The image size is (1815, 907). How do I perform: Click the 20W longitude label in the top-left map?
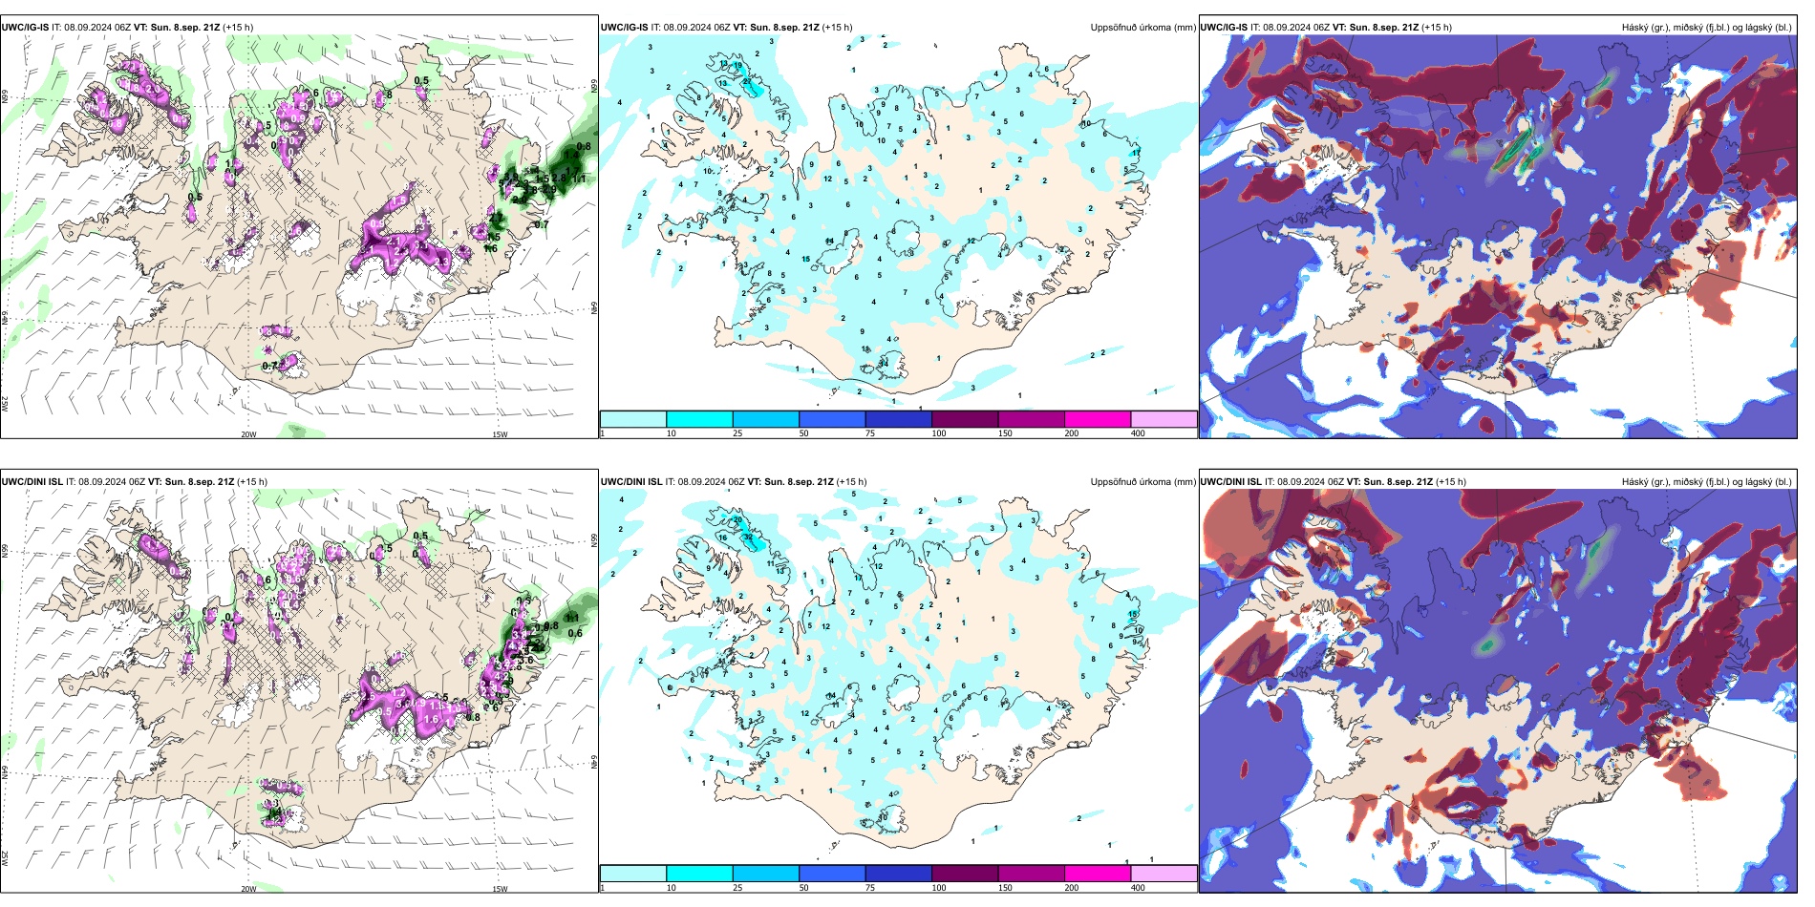(248, 434)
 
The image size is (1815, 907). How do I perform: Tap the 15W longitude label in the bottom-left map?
(500, 889)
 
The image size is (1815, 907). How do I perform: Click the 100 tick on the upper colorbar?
(939, 433)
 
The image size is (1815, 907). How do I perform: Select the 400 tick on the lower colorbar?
(1138, 888)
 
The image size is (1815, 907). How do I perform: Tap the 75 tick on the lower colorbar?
(870, 888)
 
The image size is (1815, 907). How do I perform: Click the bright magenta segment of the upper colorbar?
(1098, 419)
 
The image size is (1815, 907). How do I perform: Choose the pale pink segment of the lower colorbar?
(1164, 874)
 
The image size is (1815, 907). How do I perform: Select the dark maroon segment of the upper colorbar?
(965, 419)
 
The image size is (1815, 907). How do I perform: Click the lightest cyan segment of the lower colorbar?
(633, 874)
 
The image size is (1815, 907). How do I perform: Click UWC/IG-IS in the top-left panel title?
(25, 28)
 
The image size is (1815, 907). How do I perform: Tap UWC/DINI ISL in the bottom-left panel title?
(32, 482)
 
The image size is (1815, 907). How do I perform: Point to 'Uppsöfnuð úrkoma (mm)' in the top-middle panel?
(1142, 28)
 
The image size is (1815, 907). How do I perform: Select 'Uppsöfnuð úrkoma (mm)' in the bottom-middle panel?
(1142, 482)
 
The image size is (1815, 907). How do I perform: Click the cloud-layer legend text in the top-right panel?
(1706, 28)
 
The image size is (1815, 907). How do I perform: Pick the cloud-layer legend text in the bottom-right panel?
(1706, 482)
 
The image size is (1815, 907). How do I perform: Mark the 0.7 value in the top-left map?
(269, 366)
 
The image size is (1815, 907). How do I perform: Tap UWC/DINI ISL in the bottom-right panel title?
(1230, 482)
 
